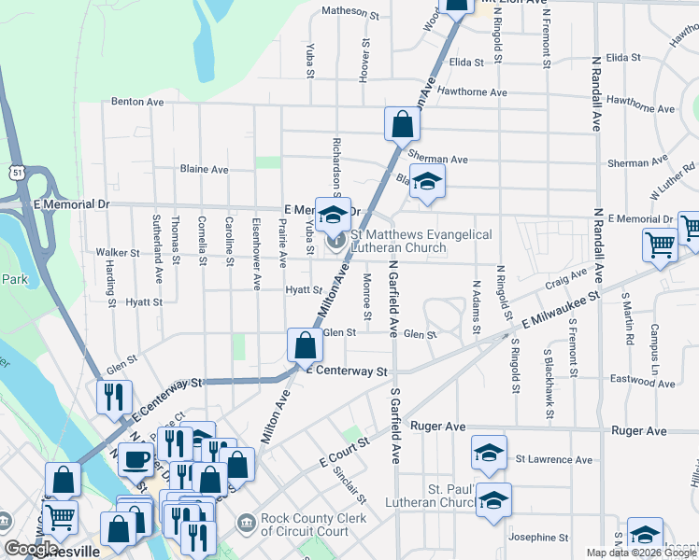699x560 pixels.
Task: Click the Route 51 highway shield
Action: pyautogui.click(x=17, y=172)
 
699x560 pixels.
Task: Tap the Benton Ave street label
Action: pyautogui.click(x=137, y=102)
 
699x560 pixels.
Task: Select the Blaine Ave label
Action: pyautogui.click(x=204, y=170)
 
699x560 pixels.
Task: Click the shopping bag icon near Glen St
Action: pyautogui.click(x=306, y=345)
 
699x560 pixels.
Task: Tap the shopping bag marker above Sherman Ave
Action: pyautogui.click(x=401, y=123)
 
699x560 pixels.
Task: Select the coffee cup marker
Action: pyautogui.click(x=136, y=458)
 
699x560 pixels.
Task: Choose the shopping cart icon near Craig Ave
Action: pyautogui.click(x=661, y=245)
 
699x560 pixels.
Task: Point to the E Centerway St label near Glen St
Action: pyautogui.click(x=346, y=371)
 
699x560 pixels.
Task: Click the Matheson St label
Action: pyautogui.click(x=350, y=13)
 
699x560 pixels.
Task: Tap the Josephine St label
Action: pyautogui.click(x=538, y=538)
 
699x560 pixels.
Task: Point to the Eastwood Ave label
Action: pyautogui.click(x=642, y=380)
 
